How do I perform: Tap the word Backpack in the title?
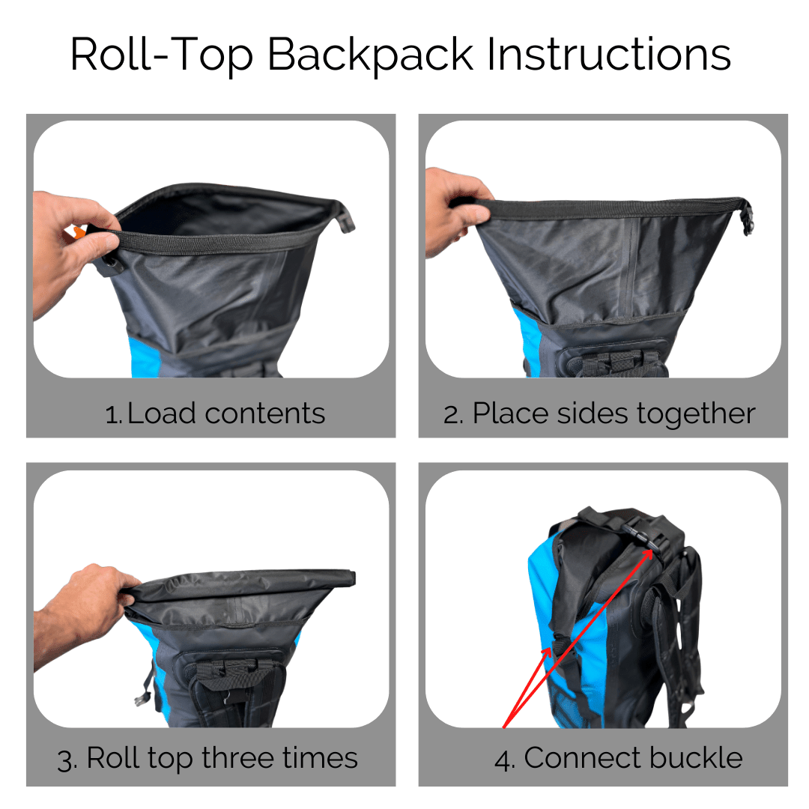[x=370, y=54]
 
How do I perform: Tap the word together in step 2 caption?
[x=693, y=413]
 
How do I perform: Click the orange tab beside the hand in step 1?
[x=78, y=233]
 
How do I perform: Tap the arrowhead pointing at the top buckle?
[x=649, y=551]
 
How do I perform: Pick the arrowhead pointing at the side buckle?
[x=548, y=650]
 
